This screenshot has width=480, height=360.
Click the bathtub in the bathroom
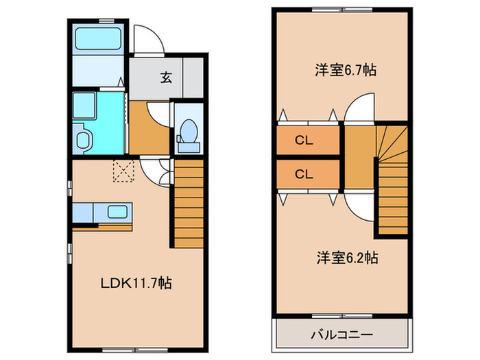click(x=98, y=38)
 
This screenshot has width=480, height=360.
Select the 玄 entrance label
click(x=166, y=77)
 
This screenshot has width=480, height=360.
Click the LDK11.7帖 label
click(x=136, y=283)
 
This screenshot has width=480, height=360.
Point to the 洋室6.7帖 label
click(x=346, y=70)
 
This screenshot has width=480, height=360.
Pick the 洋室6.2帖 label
click(x=347, y=258)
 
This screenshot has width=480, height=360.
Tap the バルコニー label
click(x=342, y=335)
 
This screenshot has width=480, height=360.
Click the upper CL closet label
click(x=304, y=141)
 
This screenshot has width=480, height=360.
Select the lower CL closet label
click(x=304, y=174)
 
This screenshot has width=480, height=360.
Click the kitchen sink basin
click(x=117, y=212)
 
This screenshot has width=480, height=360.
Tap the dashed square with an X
click(x=123, y=171)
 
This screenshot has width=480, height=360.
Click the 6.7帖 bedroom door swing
click(x=359, y=107)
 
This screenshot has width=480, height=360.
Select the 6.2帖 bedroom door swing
click(x=359, y=206)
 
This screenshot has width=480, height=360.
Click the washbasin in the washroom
click(x=82, y=140)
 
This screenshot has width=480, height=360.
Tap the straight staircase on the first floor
click(x=189, y=203)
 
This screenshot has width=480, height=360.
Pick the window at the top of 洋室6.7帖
click(x=342, y=10)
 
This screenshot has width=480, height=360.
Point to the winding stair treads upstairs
click(x=392, y=144)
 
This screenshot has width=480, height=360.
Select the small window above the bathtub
click(x=106, y=21)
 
